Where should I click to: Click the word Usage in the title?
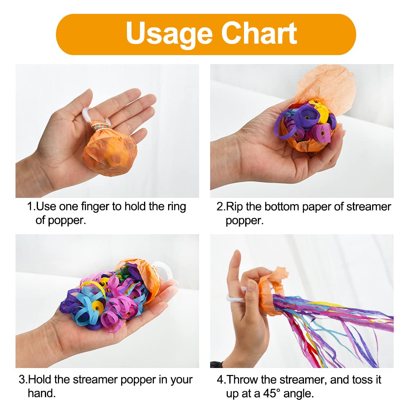pos(169,34)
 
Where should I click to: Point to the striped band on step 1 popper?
pos(100,127)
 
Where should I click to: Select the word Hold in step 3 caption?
pos(40,379)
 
